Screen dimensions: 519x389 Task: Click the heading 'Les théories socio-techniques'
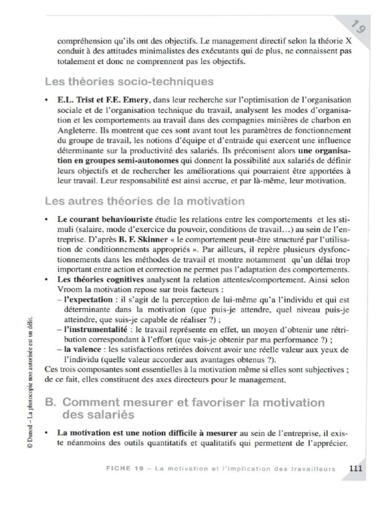pos(129,81)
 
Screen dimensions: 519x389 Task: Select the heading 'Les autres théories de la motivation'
pos(144,201)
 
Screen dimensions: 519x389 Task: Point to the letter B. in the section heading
pos(51,403)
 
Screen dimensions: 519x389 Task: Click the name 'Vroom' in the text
pos(69,289)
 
